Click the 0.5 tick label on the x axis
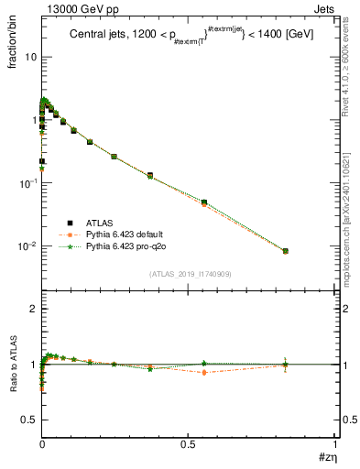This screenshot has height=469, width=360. pyautogui.click(x=189, y=444)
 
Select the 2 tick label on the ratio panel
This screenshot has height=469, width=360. pyautogui.click(x=33, y=310)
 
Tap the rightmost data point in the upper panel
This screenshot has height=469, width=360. pyautogui.click(x=286, y=251)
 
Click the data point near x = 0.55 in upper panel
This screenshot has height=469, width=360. pyautogui.click(x=204, y=202)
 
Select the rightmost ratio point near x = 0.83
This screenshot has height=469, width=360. pyautogui.click(x=286, y=365)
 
